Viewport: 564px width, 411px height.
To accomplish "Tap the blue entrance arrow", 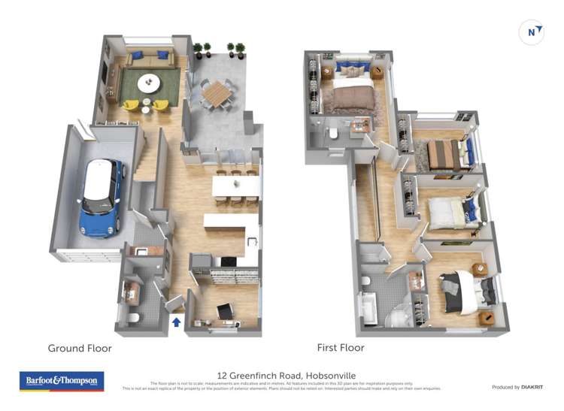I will click(x=177, y=322).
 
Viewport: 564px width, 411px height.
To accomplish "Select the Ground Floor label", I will click(x=80, y=348).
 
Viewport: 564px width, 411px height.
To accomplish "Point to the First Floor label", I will click(x=341, y=348).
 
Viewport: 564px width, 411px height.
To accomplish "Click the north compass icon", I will click(x=532, y=32).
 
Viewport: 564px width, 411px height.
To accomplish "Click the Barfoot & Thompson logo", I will click(x=62, y=381).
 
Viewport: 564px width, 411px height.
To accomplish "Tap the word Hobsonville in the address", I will click(x=329, y=375).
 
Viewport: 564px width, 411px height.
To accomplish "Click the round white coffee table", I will click(x=148, y=82).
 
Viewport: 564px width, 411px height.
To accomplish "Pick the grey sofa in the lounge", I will click(x=150, y=59).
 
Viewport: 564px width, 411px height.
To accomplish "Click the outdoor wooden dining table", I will click(x=218, y=92).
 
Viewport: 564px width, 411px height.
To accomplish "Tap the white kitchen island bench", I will click(x=232, y=222).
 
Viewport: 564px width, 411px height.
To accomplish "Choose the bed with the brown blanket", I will click(x=351, y=95).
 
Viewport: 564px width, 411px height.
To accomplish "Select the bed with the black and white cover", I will click(x=460, y=293).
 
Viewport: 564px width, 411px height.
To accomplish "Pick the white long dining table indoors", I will click(x=235, y=185).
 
